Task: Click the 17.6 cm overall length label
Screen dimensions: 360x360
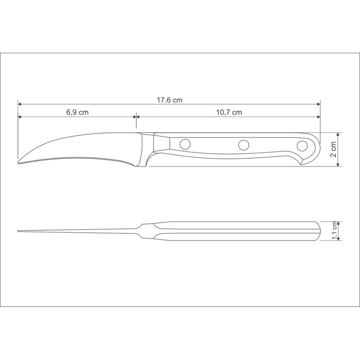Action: pyautogui.click(x=170, y=100)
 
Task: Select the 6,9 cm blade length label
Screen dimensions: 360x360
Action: pyautogui.click(x=77, y=112)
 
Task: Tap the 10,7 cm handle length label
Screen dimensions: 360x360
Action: pyautogui.click(x=229, y=112)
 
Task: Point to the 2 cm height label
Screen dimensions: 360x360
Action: pyautogui.click(x=333, y=149)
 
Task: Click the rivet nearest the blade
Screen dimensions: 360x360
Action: pyautogui.click(x=185, y=144)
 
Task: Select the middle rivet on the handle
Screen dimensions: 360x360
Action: pyautogui.click(x=244, y=145)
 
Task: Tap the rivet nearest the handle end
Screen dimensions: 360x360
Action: pyautogui.click(x=302, y=146)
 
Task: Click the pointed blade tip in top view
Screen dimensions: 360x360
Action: pyautogui.click(x=18, y=231)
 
